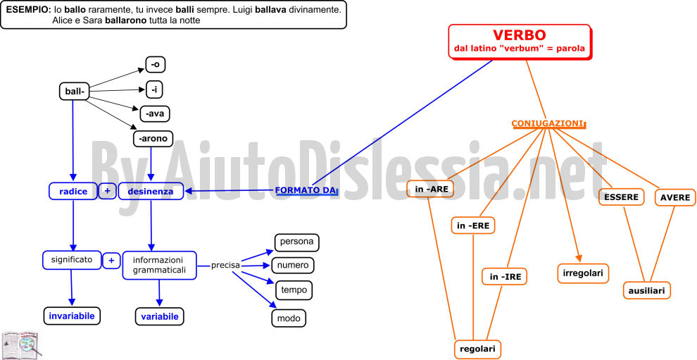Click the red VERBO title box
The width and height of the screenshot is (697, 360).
point(520,42)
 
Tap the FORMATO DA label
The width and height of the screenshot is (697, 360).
point(306,190)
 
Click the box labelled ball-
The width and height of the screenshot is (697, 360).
point(74,91)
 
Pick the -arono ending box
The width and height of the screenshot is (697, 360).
point(153,138)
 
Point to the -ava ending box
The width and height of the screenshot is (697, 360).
point(155,113)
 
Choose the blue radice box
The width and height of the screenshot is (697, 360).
point(73,192)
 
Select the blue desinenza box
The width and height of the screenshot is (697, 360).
point(151,192)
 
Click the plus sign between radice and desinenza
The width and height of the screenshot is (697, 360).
point(107,191)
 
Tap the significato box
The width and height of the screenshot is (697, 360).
point(72,260)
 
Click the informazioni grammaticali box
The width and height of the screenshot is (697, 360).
point(159,265)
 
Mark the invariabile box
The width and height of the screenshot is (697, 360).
point(72,316)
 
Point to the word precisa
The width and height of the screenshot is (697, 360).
point(225,265)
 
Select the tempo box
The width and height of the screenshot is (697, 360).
point(294,290)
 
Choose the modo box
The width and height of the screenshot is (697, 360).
point(289,318)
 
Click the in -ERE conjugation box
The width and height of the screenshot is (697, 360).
point(473,225)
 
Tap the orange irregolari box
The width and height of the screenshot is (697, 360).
point(583,273)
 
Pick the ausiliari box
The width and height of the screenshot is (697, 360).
point(647,290)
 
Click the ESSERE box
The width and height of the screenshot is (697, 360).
point(621,197)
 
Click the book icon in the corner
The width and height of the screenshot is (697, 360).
point(21,345)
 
